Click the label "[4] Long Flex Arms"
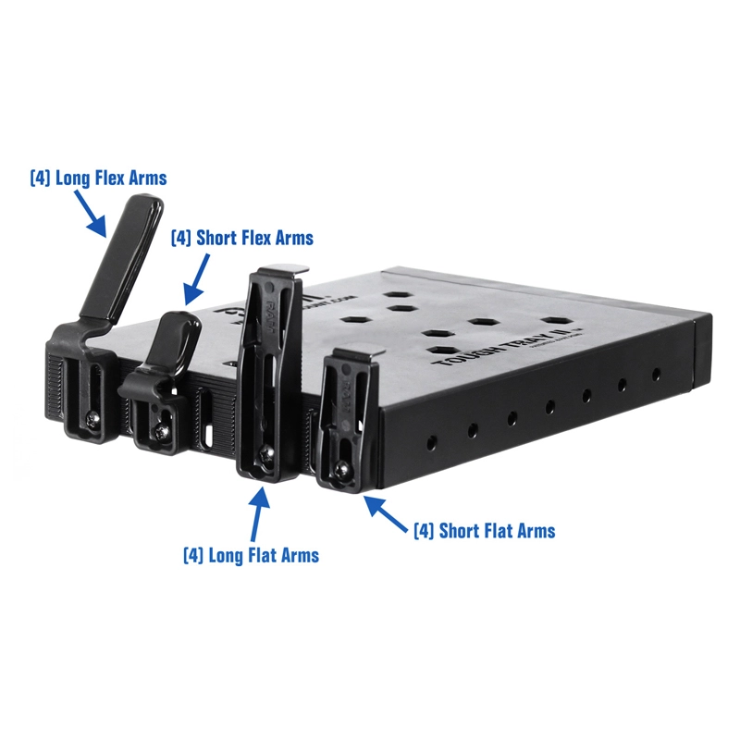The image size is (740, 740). (x=98, y=177)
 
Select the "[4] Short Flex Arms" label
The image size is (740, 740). (x=241, y=238)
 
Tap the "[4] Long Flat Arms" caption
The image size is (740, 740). (x=251, y=555)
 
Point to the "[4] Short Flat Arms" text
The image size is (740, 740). (x=484, y=530)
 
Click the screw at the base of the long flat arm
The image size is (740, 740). (x=268, y=452)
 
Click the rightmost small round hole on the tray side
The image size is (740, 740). (x=656, y=375)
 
